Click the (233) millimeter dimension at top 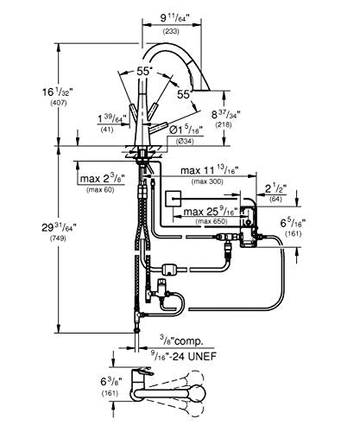[171, 31]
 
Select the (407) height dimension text [59, 103]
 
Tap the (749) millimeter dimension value [59, 238]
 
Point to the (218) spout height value [224, 125]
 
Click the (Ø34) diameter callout [185, 142]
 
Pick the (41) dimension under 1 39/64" [107, 130]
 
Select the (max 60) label [100, 190]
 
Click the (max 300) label [207, 181]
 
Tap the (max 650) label [212, 221]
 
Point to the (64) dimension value [275, 199]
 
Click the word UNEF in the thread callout [202, 357]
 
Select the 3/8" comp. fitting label [181, 341]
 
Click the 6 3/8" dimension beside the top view [111, 382]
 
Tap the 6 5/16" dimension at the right [293, 223]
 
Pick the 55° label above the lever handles [144, 72]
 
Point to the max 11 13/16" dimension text [210, 170]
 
